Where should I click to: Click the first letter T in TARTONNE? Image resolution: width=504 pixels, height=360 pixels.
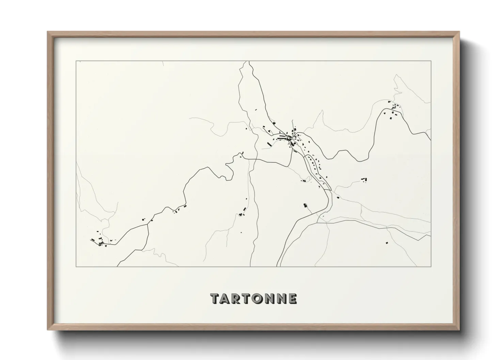(215, 298)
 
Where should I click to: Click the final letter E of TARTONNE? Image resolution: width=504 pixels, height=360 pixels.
(292, 298)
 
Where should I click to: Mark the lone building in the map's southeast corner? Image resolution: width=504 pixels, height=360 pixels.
(387, 243)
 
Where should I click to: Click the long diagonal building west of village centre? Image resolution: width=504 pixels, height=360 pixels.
(269, 144)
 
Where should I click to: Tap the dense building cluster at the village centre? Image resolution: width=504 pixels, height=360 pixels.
(289, 137)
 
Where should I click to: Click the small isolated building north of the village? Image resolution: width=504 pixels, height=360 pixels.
(256, 110)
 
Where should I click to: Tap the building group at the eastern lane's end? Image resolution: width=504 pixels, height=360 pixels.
(364, 179)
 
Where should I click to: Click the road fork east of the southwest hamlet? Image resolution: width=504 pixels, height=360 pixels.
(148, 225)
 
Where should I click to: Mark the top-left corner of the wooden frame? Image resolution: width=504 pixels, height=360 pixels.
(48, 32)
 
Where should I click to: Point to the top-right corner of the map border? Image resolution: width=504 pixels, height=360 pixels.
(431, 61)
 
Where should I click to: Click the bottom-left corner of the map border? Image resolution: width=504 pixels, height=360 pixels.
(76, 266)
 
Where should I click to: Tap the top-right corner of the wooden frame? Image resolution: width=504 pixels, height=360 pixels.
(459, 32)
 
